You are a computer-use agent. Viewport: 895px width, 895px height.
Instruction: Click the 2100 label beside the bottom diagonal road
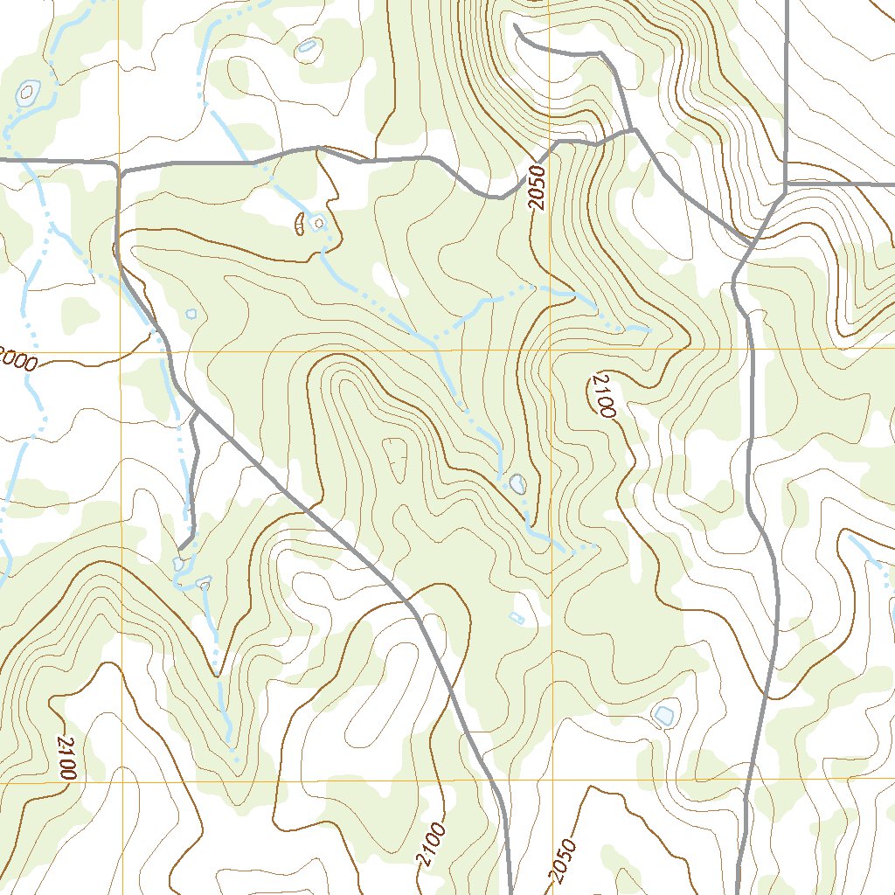[x=431, y=844]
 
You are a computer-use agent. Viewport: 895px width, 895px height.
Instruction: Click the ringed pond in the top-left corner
[x=29, y=90]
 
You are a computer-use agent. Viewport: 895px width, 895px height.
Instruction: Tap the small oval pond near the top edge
[x=306, y=47]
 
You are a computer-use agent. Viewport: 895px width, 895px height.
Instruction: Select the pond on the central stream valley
[x=517, y=482]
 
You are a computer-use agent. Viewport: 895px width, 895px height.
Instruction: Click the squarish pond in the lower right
[x=664, y=716]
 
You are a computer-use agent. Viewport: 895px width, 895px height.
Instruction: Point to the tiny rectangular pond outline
[x=516, y=618]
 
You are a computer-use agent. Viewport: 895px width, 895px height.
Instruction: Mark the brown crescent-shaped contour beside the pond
[x=299, y=225]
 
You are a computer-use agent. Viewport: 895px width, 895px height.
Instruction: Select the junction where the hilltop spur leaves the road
[x=634, y=131]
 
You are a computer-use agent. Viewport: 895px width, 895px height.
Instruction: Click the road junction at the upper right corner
[x=786, y=185]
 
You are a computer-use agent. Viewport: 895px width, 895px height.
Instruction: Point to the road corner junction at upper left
[x=118, y=166]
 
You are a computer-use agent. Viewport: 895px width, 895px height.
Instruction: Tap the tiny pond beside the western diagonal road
[x=191, y=313]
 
